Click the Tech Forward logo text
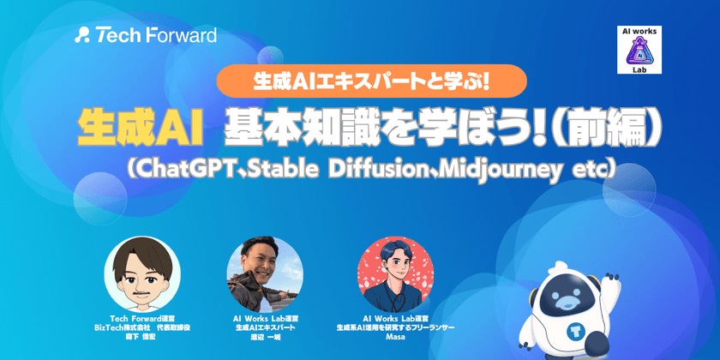pyautogui.click(x=156, y=35)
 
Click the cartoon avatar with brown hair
pyautogui.click(x=142, y=273)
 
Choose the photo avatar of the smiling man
pyautogui.click(x=265, y=273)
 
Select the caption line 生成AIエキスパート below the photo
pyautogui.click(x=265, y=327)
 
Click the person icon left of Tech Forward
pyautogui.click(x=82, y=35)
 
